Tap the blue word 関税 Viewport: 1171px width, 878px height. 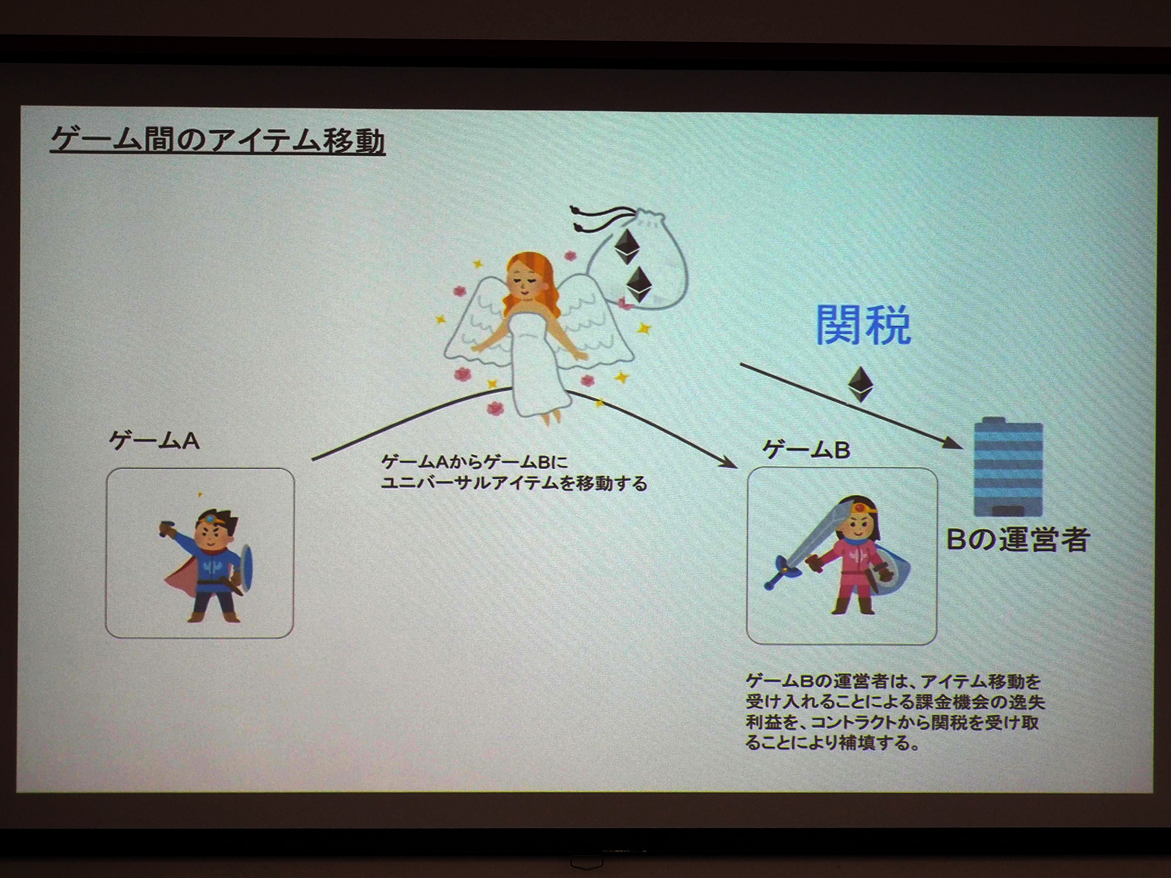(864, 325)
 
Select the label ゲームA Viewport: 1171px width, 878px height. (155, 441)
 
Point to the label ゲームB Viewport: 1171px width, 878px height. (806, 450)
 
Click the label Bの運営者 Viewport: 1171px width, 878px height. (1018, 540)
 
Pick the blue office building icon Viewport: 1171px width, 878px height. (1008, 467)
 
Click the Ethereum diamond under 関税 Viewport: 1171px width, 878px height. (861, 384)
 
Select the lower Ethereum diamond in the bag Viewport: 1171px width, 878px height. (639, 284)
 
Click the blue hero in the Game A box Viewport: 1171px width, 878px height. (208, 565)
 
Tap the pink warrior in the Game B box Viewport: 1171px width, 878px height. (843, 556)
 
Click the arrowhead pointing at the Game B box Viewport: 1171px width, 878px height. (728, 462)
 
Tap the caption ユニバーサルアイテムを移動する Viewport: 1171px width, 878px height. (514, 483)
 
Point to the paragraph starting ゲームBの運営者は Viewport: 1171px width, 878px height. (895, 712)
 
